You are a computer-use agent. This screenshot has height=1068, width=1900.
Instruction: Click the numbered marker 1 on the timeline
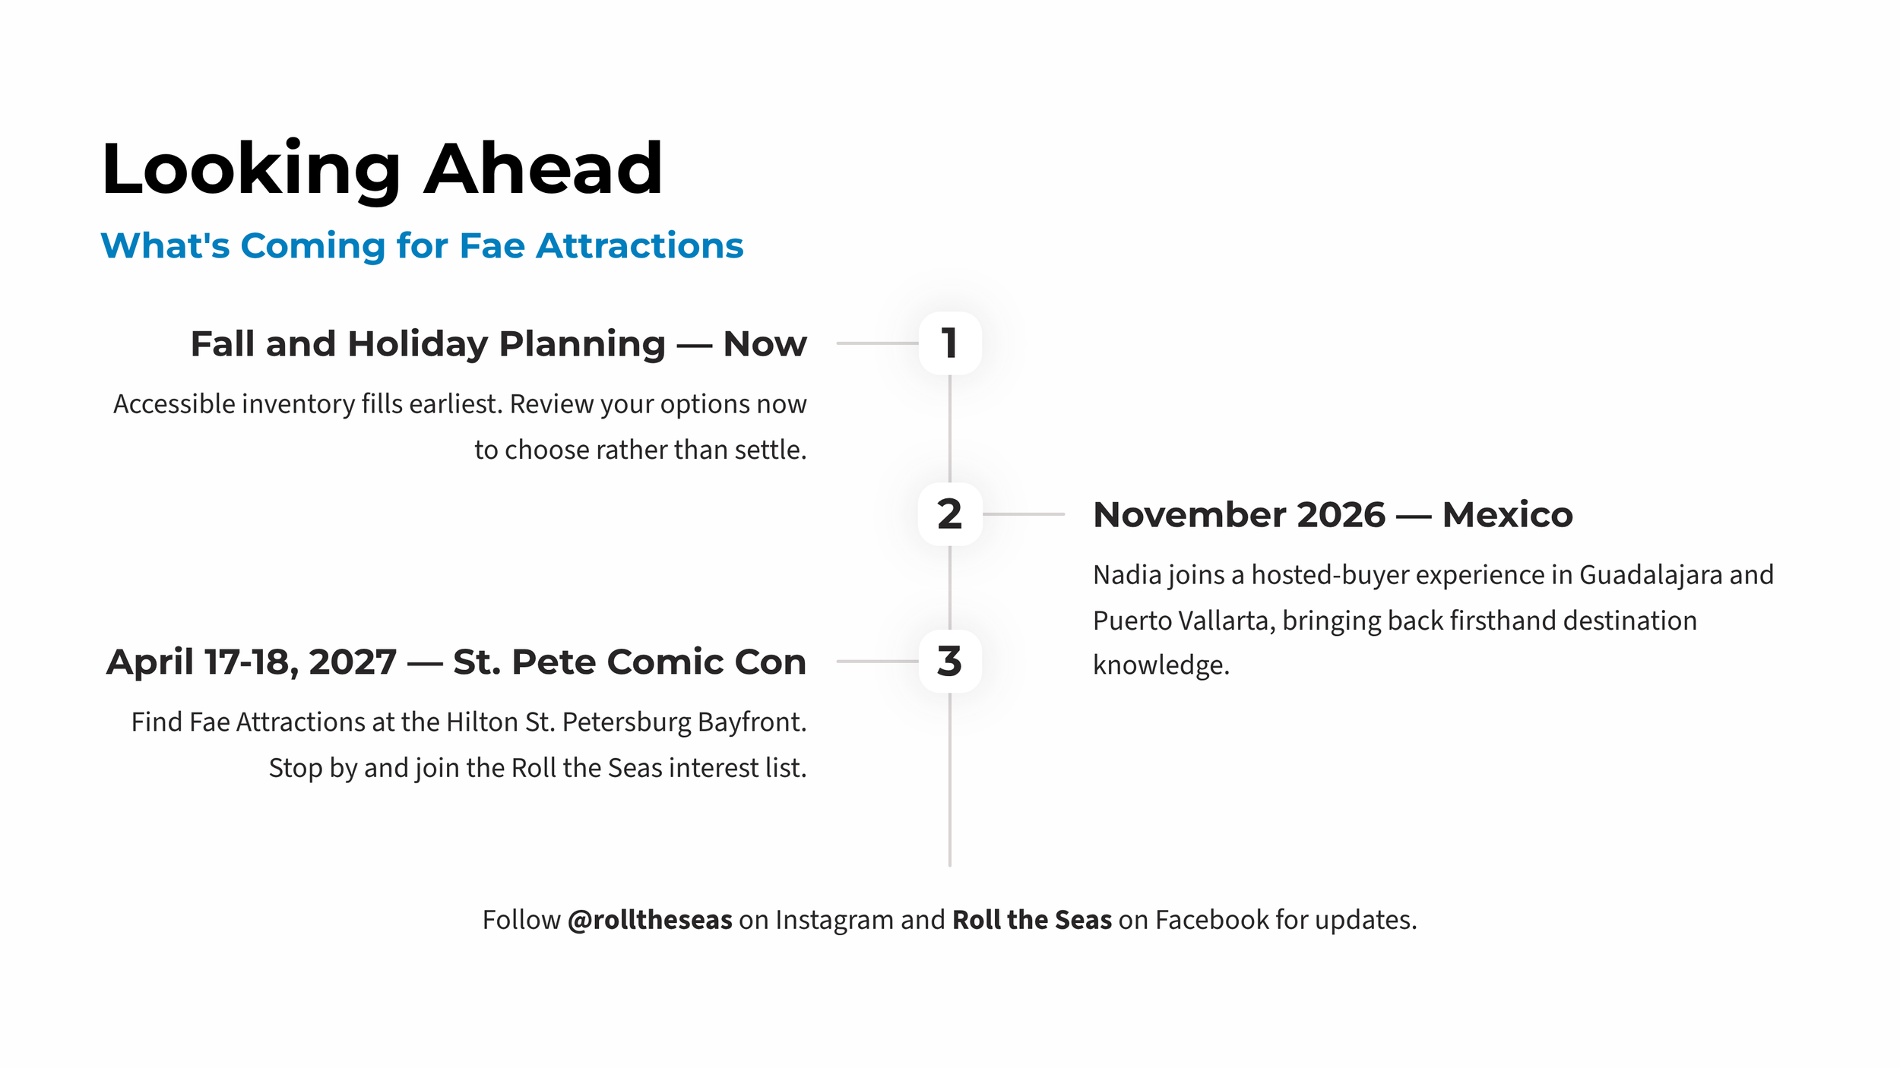coord(949,343)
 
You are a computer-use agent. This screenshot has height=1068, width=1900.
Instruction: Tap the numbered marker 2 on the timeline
coord(949,514)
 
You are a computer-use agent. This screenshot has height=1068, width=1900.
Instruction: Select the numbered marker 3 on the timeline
coord(949,661)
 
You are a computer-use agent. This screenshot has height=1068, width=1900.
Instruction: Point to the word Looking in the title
coord(251,171)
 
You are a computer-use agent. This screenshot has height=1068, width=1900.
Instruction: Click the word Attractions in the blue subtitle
coord(639,245)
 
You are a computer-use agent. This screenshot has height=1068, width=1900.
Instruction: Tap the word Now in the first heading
coord(765,343)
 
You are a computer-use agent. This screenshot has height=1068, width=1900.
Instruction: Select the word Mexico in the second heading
coord(1507,514)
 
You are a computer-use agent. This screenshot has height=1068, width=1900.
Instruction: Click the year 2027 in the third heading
coord(353,662)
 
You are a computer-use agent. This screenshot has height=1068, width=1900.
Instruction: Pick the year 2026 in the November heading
coord(1341,514)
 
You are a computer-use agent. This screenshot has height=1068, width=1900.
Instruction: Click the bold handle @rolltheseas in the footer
coord(650,920)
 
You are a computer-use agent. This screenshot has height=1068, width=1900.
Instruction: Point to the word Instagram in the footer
coord(834,921)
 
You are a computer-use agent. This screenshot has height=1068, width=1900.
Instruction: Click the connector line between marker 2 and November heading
coord(1024,514)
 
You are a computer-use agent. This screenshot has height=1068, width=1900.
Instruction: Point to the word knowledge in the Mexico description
coord(1161,665)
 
